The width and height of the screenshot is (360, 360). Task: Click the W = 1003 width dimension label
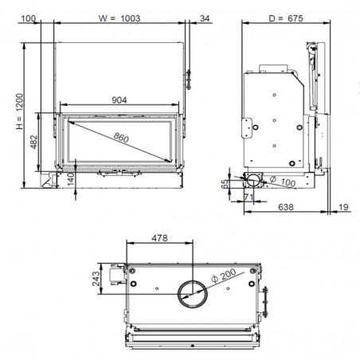click(x=119, y=18)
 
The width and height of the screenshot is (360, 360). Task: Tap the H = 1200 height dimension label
click(x=20, y=112)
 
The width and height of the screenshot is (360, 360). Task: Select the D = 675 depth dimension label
click(x=286, y=18)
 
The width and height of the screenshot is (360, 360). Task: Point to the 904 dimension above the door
click(x=119, y=100)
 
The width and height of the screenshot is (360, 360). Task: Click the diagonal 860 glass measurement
click(x=121, y=138)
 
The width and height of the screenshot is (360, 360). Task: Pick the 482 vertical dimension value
click(x=34, y=142)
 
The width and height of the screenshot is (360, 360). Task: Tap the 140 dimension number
click(x=71, y=179)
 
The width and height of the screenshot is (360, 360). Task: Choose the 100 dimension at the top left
click(x=28, y=18)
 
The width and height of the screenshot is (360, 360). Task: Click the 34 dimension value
click(x=205, y=18)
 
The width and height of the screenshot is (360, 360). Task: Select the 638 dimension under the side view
click(x=286, y=207)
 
